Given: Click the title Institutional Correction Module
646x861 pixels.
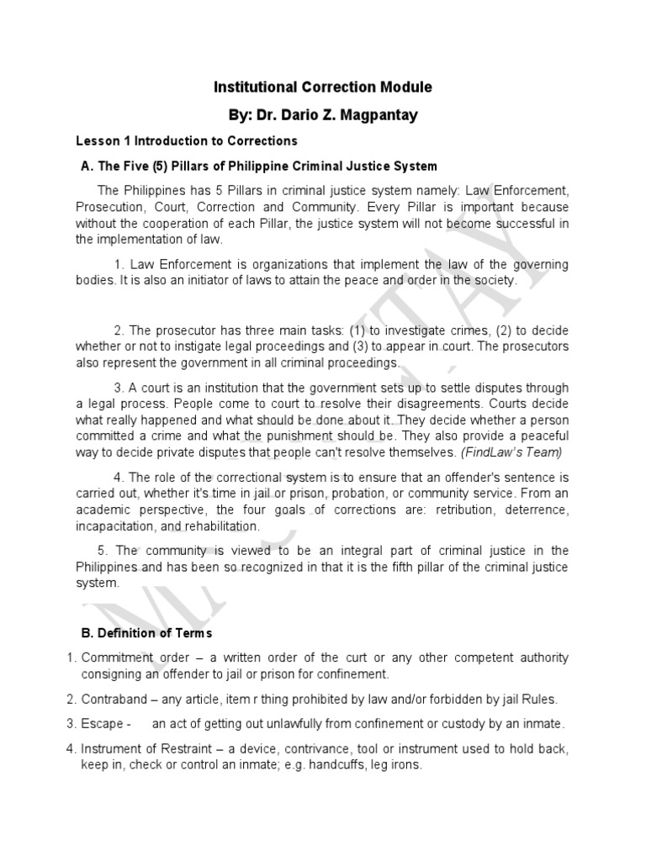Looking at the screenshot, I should (x=323, y=87).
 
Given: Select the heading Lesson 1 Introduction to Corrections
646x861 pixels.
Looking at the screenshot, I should (x=186, y=140).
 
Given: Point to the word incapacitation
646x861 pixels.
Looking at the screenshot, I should (x=114, y=526).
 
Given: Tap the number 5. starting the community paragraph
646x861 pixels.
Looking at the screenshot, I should (x=103, y=551).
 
